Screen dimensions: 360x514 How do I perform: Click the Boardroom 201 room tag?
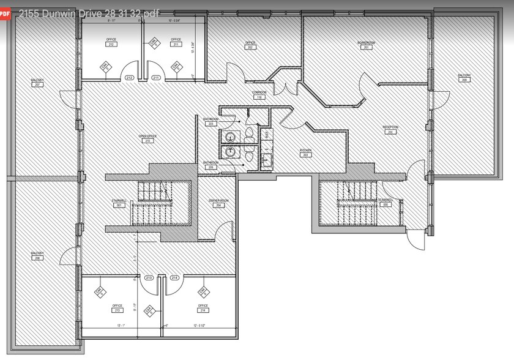(x=366, y=45)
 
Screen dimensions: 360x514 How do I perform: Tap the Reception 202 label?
(x=390, y=129)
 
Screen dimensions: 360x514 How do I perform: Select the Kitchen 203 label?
(x=305, y=152)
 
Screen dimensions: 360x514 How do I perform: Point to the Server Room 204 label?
(x=217, y=203)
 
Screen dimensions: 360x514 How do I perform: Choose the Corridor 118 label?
(x=259, y=95)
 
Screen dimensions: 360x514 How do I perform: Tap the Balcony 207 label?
(x=37, y=83)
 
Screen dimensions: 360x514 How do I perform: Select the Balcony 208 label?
(x=37, y=256)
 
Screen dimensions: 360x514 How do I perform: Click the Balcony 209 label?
(x=464, y=78)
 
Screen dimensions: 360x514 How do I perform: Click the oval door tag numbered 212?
(x=129, y=78)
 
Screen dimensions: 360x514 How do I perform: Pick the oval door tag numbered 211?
(x=156, y=78)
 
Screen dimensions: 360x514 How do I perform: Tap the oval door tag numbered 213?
(x=149, y=278)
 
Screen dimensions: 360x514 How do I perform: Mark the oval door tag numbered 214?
(x=174, y=278)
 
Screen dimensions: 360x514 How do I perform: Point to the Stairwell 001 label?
(x=119, y=203)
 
